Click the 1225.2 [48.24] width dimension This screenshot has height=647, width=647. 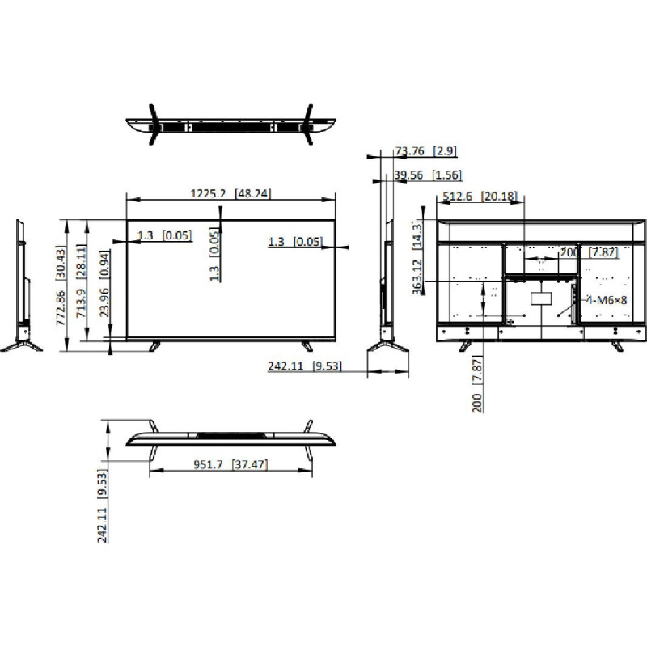(x=230, y=193)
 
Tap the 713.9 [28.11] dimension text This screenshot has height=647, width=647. (x=82, y=283)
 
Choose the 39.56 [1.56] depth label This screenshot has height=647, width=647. (x=428, y=175)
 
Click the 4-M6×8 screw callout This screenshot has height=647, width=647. (x=606, y=299)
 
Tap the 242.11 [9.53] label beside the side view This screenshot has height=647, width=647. (x=305, y=366)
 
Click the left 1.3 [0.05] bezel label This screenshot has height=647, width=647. (x=164, y=236)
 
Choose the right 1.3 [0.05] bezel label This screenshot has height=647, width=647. (x=294, y=242)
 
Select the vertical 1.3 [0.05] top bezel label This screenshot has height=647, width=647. (x=214, y=254)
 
